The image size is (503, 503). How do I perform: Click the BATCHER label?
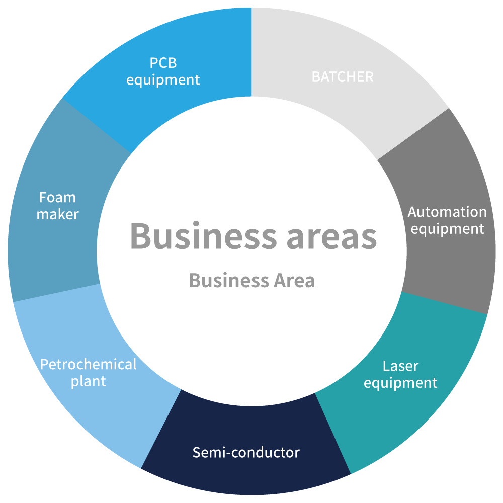pos(343,77)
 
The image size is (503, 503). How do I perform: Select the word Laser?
pos(400,366)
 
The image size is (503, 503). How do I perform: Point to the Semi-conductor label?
pos(246,452)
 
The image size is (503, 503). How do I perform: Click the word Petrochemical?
pos(88,364)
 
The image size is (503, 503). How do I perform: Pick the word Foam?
pos(57,197)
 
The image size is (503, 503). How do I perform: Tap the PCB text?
pos(163,63)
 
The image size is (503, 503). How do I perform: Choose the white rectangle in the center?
pos(277,186)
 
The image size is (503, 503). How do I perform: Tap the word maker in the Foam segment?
pos(58,214)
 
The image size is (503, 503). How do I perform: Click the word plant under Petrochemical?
pos(88,381)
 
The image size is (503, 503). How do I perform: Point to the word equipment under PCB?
pos(163,80)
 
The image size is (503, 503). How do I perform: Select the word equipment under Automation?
pos(447,229)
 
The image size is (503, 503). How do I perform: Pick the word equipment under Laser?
pos(400,383)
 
